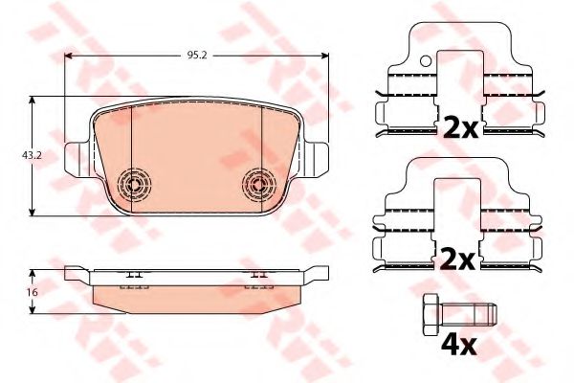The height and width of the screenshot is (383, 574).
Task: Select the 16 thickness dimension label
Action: tap(33, 292)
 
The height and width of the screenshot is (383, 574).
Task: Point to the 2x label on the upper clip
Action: tap(460, 127)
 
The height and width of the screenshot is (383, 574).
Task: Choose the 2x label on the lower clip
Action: tap(458, 259)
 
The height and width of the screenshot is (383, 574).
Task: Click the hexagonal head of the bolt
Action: tap(432, 314)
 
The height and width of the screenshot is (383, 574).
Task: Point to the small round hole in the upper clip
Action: tap(426, 61)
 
